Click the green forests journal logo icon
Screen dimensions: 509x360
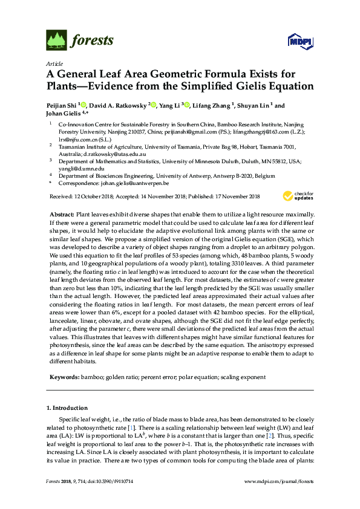click(56, 41)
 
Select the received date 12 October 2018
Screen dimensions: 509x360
click(93, 196)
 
